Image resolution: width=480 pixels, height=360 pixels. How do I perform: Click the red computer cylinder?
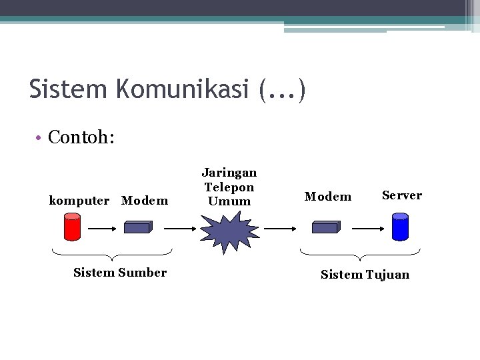tap(71, 227)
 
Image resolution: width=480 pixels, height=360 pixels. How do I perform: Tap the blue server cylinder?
tap(400, 227)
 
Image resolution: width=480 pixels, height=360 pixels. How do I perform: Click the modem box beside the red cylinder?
tap(138, 227)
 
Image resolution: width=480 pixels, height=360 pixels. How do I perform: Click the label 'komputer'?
tap(79, 201)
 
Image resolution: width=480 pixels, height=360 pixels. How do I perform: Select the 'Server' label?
tap(401, 195)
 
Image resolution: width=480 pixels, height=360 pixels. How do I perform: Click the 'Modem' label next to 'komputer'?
tap(145, 201)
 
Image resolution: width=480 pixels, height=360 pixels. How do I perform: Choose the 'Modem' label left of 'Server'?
tap(327, 197)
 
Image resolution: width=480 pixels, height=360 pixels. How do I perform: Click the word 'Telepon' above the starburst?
tap(229, 187)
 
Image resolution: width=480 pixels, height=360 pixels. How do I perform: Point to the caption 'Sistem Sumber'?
tap(120, 272)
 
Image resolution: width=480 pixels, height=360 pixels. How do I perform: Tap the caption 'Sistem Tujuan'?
tap(365, 275)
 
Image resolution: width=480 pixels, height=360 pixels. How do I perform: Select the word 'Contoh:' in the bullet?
tap(82, 138)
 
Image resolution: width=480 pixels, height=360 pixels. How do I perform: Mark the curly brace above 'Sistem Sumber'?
tap(112, 255)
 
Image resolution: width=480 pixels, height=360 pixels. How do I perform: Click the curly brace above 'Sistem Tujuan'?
tap(360, 255)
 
